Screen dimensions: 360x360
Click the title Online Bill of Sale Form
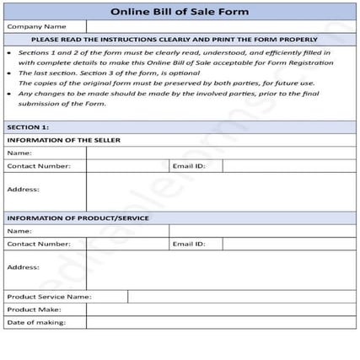(180, 11)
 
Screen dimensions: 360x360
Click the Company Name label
(37, 27)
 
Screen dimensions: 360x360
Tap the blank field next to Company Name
(221, 27)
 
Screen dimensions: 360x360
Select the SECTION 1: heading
(28, 126)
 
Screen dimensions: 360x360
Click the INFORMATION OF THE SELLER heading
(63, 140)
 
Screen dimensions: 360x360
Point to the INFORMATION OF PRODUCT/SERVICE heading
(78, 218)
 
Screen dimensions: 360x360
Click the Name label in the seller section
(19, 153)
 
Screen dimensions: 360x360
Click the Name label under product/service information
(19, 231)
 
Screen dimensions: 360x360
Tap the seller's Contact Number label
(39, 166)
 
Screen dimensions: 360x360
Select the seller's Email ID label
(189, 166)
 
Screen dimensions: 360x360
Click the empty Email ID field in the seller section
(288, 166)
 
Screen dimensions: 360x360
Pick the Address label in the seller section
(23, 190)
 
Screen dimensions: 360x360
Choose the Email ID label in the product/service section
(189, 244)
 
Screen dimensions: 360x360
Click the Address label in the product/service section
(23, 266)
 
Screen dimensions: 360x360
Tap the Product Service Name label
(49, 297)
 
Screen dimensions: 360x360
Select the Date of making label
(36, 322)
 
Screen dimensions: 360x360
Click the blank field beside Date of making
(221, 322)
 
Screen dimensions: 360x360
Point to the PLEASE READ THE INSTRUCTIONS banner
(180, 40)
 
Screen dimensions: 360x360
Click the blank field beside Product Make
(221, 309)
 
